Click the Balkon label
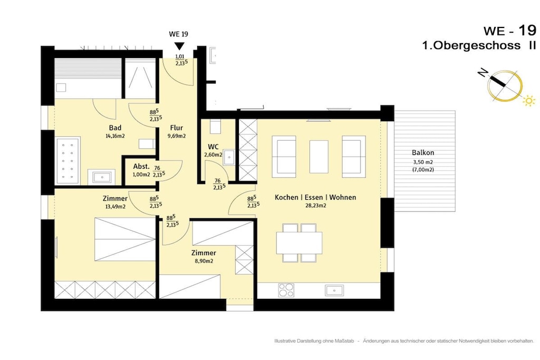pos(423,152)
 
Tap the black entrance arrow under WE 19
pos(179,46)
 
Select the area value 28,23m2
pos(315,206)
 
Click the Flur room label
pos(176,128)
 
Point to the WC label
pos(213,147)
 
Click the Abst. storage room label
pos(141,167)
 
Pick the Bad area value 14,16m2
pos(115,136)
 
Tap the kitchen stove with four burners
pos(286,290)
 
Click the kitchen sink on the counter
pos(334,290)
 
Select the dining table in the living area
pos(300,242)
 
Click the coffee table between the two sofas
pos(319,157)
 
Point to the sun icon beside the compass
pos(529,101)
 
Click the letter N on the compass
pos(483,73)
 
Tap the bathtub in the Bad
pos(67,160)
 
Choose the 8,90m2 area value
pos(204,261)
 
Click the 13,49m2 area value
pos(115,207)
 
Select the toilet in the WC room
pos(215,127)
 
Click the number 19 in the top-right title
pos(527,30)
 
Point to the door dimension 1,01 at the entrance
pos(180,56)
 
